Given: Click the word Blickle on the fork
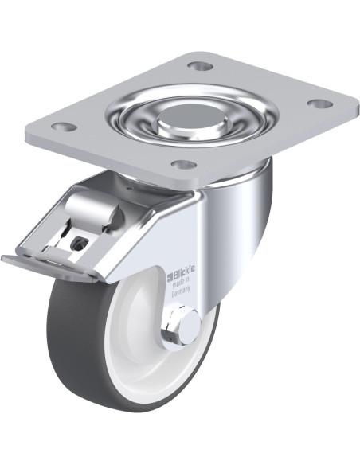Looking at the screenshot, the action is (x=184, y=272).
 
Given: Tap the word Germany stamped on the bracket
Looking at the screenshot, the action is (x=181, y=291).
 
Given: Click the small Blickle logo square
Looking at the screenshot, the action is (x=170, y=277).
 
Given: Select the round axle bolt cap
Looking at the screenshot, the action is (x=190, y=327).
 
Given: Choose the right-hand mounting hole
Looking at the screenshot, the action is (x=319, y=104).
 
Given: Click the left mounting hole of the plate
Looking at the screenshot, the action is (x=64, y=127).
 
